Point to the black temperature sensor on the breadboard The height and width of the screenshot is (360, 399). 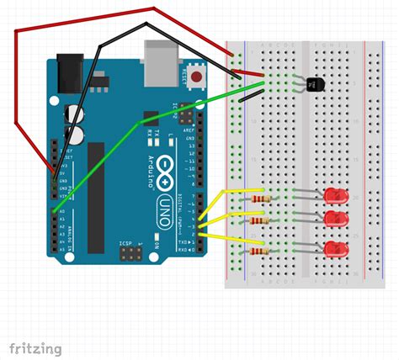[x=315, y=84]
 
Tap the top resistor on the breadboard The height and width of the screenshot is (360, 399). [x=257, y=199]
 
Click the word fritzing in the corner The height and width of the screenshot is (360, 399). [x=35, y=347]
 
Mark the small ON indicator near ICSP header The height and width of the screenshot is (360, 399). [x=157, y=245]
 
